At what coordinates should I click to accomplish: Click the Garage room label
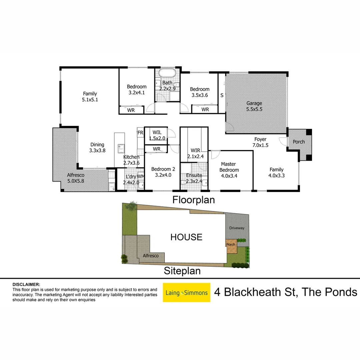[x=254, y=106]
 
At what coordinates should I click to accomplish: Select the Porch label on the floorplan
[x=299, y=142]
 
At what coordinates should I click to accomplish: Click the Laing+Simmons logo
[x=186, y=292]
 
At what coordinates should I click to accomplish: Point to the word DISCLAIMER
[x=26, y=284]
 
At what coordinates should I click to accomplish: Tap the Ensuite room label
[x=194, y=178]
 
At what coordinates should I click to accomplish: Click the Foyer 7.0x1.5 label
[x=260, y=142]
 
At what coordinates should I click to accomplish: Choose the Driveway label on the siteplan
[x=237, y=228]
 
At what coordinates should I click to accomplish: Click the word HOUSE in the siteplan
[x=186, y=237]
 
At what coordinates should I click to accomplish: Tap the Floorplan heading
[x=193, y=200]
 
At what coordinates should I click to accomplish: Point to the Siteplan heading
[x=182, y=271]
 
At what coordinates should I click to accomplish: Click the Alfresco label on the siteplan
[x=151, y=256]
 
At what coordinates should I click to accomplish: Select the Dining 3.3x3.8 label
[x=97, y=147]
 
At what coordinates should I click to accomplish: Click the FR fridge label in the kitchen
[x=140, y=133]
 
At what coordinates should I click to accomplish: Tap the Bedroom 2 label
[x=163, y=172]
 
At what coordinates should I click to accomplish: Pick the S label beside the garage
[x=222, y=95]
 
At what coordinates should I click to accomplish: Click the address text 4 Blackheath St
[x=255, y=292]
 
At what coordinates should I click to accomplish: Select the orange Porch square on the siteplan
[x=230, y=244]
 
